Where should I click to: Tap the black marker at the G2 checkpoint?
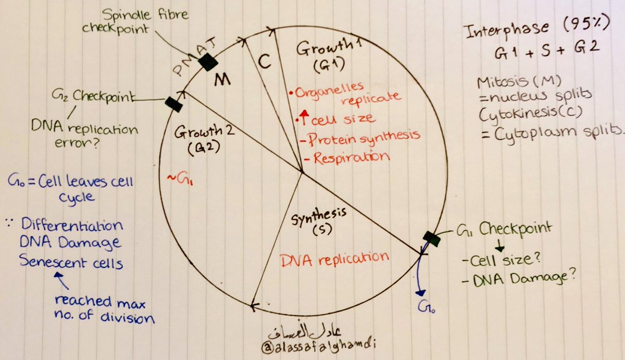(173, 103)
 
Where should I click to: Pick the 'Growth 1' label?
(322, 50)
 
